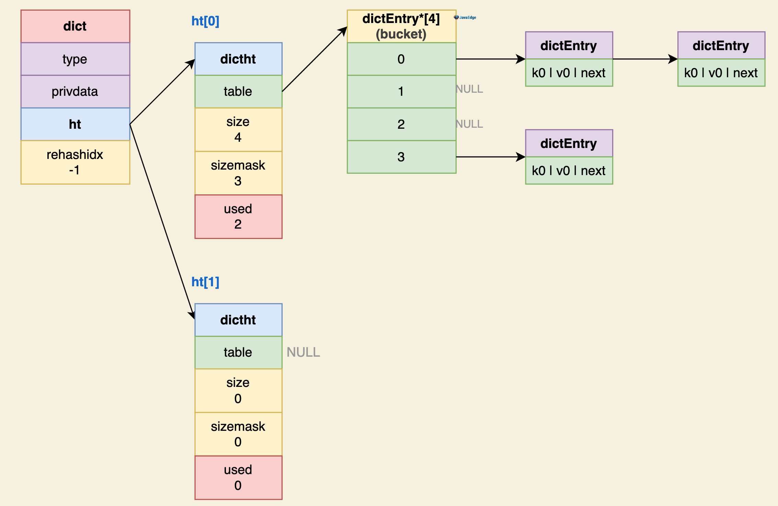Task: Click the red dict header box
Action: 75,26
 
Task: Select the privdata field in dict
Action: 75,92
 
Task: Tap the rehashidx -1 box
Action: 75,162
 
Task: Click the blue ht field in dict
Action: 75,124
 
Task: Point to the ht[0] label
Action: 205,21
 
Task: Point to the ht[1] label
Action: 205,282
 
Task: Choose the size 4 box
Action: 238,129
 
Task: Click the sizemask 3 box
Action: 238,173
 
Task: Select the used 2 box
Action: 238,217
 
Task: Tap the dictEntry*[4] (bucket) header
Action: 401,26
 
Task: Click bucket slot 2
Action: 401,124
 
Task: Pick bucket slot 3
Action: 401,157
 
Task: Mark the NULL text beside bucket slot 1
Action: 469,89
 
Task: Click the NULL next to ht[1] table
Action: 303,352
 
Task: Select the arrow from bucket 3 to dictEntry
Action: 491,157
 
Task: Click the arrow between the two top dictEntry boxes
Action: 645,59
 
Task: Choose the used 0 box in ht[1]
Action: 238,478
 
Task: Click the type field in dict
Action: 75,59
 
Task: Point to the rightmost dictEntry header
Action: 721,46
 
